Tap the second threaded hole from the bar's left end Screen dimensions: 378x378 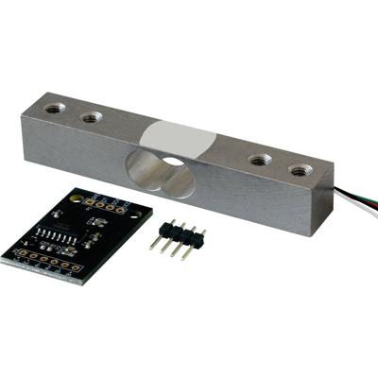coord(92,117)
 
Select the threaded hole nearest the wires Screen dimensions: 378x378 coord(300,171)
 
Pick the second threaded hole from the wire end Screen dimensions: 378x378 coord(259,160)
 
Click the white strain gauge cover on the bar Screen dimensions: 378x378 coord(180,137)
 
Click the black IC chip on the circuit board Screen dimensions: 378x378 coord(56,234)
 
